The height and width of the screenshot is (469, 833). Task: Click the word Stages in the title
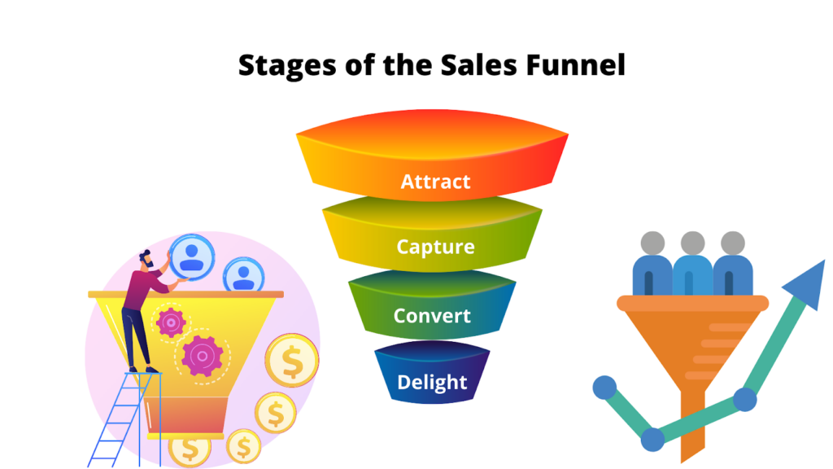coord(287,66)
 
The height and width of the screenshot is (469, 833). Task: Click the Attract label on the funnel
coord(435,182)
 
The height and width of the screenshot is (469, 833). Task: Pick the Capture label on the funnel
coord(435,248)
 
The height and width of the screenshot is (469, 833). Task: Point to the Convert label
coord(432,316)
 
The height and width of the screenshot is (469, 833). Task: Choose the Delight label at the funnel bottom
coord(432,383)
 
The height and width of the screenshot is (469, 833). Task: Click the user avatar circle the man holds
coord(192,257)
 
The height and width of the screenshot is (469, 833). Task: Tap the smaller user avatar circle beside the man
coord(244,275)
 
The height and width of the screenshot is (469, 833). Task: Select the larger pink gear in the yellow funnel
coord(202,356)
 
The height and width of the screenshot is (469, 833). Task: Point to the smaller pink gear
coord(171,322)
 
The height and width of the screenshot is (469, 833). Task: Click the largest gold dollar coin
coord(292,361)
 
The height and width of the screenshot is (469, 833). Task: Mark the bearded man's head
coord(146,259)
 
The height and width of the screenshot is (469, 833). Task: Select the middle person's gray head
coord(693,243)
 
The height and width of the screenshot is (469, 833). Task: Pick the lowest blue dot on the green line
coord(652,439)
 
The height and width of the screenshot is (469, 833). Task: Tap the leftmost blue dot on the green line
coord(604,388)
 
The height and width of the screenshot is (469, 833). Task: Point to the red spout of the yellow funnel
coord(186,415)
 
